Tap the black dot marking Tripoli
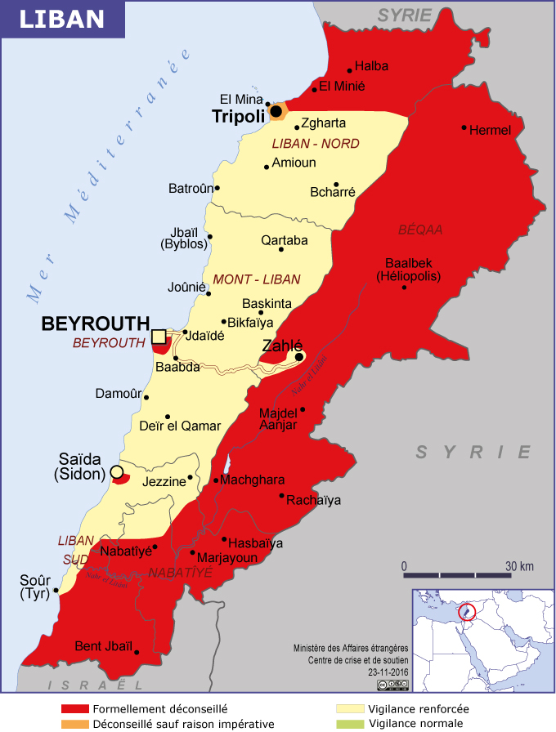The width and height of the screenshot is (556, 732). [x=276, y=111]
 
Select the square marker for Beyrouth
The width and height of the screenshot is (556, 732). [x=159, y=336]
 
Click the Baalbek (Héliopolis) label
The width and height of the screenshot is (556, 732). [x=409, y=270]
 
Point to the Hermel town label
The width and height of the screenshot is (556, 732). [x=491, y=130]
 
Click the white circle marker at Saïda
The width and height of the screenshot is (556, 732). [x=117, y=471]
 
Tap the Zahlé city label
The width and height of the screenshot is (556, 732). [x=282, y=346]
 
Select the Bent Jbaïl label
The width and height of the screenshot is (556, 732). [x=103, y=646]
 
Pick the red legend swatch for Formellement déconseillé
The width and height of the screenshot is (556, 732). [x=74, y=709]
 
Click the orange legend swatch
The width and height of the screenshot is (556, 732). [x=74, y=724]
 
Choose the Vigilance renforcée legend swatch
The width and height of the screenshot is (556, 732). [x=349, y=709]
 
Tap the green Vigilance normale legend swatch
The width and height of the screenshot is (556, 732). [x=349, y=724]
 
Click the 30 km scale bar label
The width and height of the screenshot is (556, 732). [x=518, y=567]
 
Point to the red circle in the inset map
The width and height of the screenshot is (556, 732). [x=468, y=611]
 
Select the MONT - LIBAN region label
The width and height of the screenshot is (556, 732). [x=257, y=279]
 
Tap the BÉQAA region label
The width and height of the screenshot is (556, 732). [x=420, y=230]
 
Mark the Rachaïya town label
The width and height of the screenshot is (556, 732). [x=315, y=500]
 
